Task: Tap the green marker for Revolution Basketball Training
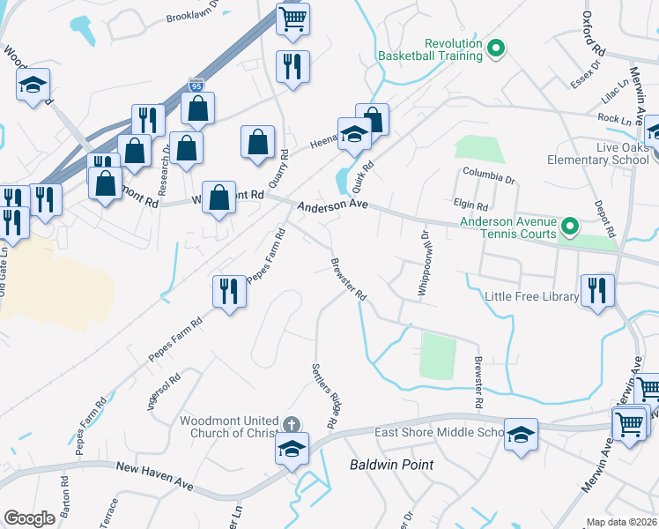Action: point(495,49)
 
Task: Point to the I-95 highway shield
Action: point(196,85)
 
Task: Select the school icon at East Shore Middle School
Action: point(521,434)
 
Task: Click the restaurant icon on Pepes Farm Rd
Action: point(230,291)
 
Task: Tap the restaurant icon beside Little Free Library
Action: point(598,290)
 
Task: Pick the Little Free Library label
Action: point(531,297)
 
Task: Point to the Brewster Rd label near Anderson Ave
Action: point(348,279)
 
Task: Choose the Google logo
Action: point(30,518)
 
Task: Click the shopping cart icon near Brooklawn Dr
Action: point(292,18)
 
